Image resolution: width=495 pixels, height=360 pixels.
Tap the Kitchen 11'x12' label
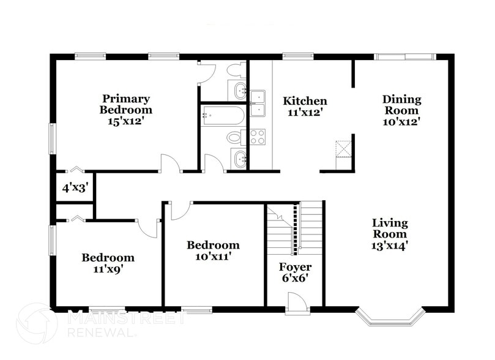click(x=304, y=107)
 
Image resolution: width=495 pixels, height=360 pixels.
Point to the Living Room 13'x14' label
click(x=390, y=234)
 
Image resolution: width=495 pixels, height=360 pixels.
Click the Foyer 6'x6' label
click(x=295, y=272)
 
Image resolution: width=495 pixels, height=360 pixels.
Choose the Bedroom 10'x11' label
click(x=213, y=250)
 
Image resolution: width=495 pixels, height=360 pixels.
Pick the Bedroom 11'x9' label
click(x=108, y=263)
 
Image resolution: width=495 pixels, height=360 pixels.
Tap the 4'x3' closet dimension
click(x=74, y=189)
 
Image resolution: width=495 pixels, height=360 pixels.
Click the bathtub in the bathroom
click(x=223, y=115)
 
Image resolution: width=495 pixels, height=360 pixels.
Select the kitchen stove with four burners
click(x=257, y=137)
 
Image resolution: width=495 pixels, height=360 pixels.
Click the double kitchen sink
click(x=257, y=103)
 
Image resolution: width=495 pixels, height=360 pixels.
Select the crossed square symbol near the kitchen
click(x=343, y=149)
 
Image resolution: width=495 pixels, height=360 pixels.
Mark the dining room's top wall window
click(x=404, y=57)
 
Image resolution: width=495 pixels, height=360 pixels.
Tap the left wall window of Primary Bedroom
click(x=52, y=139)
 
